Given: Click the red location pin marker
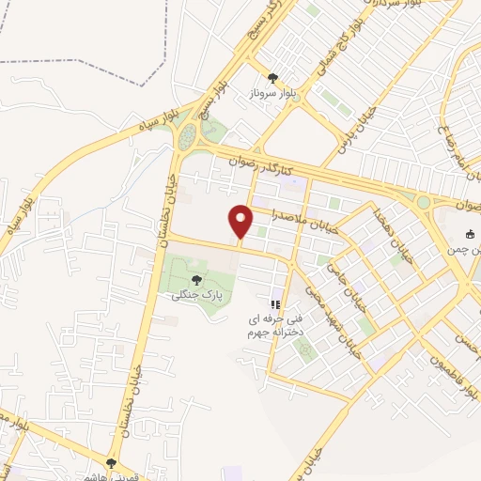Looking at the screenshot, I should click(240, 221).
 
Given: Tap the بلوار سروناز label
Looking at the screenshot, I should click(273, 95).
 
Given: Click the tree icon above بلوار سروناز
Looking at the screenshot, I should click(273, 79).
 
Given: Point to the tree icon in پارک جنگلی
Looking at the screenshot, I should click(196, 280).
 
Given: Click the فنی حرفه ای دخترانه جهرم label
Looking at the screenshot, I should click(273, 325).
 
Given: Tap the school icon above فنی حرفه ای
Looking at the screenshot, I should click(275, 304).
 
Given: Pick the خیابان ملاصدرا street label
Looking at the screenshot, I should click(302, 216).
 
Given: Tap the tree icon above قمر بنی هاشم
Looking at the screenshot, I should click(111, 463).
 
